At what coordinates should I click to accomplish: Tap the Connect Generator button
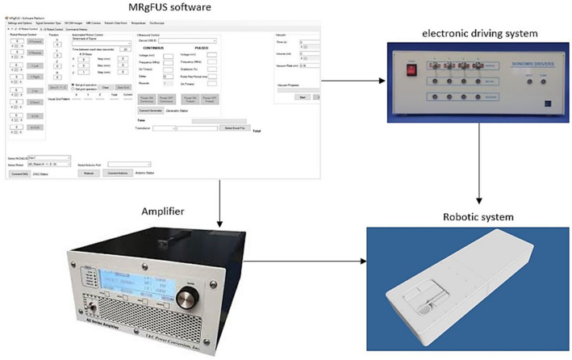point(151,111)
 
